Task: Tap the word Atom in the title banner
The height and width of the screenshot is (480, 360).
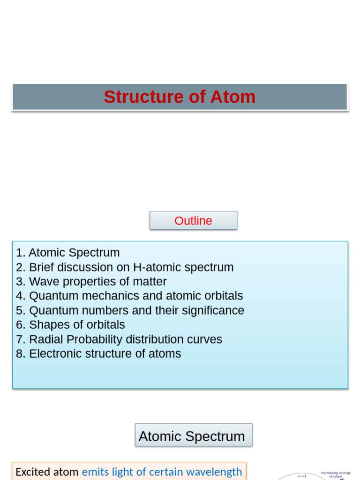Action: tap(232, 97)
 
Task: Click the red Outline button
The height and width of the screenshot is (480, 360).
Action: tap(193, 220)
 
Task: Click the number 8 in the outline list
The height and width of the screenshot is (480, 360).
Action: tap(19, 354)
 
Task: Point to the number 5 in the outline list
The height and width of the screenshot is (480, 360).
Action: tap(19, 311)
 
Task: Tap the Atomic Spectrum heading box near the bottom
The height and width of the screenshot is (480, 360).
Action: tap(193, 436)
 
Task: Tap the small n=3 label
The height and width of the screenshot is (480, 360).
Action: tap(302, 476)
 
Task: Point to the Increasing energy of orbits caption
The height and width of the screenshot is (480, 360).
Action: tap(336, 474)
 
